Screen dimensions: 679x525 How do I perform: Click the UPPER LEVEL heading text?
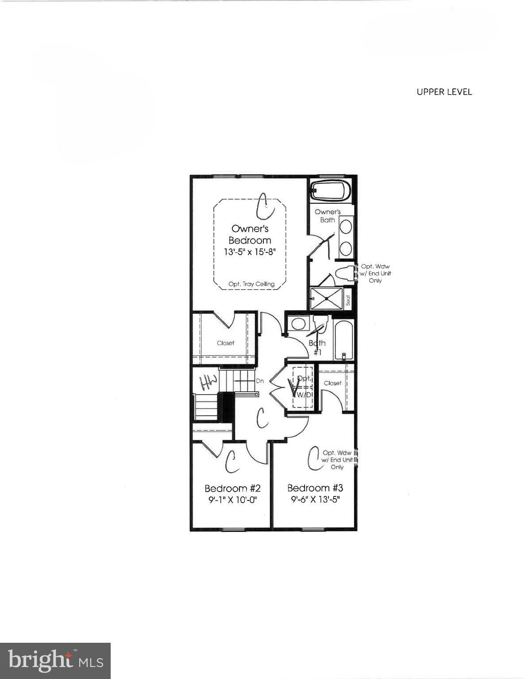coord(444,92)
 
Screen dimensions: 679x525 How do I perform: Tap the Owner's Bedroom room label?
coord(250,234)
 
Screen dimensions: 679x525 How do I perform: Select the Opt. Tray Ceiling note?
coord(251,284)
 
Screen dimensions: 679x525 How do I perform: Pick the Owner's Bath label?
coord(328,216)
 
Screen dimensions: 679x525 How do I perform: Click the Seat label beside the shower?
coord(348,300)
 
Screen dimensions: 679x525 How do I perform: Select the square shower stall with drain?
coord(327,298)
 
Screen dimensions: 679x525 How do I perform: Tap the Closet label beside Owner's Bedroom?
coord(225,343)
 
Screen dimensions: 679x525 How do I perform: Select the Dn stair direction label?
coord(260,381)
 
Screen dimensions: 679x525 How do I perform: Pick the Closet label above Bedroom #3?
coord(332,383)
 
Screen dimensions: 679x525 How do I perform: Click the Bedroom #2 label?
coord(232,488)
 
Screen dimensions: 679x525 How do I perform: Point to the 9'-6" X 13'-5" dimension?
coord(315,500)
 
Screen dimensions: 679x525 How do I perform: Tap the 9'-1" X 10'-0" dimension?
coord(232,500)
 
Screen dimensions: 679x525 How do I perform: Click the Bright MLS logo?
coord(55,661)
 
